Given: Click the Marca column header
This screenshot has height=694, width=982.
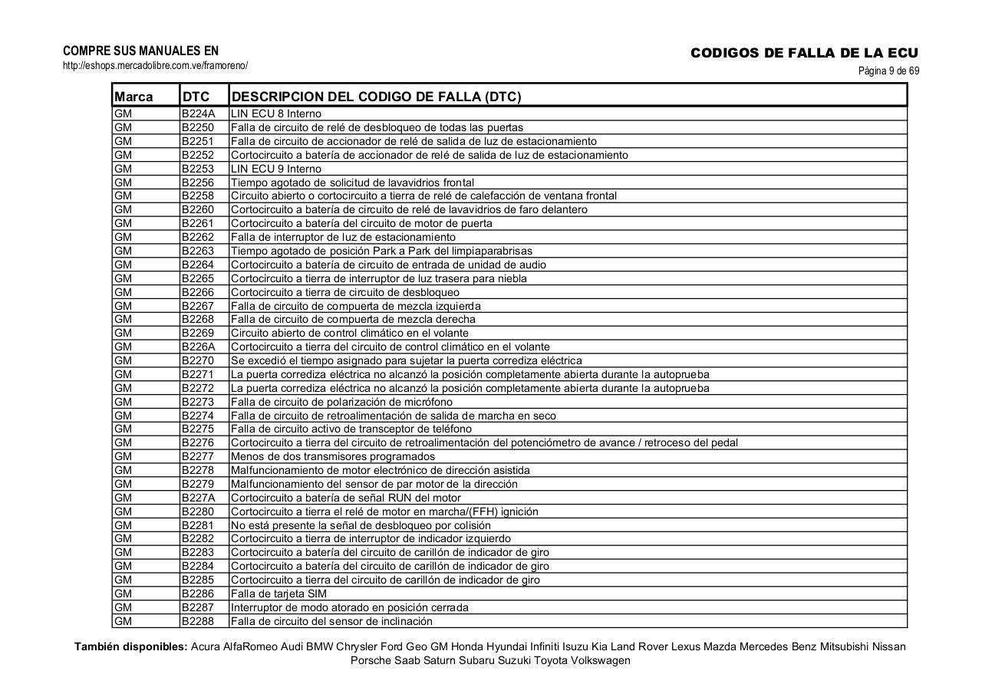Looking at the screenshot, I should tap(133, 97).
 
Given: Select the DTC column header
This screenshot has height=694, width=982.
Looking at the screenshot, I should tap(196, 97).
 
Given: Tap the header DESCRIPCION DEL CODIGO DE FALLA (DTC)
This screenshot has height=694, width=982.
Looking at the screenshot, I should tap(376, 97).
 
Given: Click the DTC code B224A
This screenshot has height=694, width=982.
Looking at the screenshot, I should tap(199, 113).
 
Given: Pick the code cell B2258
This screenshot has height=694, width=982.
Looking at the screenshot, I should tap(198, 196).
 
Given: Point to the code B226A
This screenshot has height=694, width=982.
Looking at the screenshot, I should tap(199, 347).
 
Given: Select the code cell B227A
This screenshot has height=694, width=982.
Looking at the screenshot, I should tap(199, 498).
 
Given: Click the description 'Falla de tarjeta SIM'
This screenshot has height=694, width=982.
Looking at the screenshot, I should tap(279, 594).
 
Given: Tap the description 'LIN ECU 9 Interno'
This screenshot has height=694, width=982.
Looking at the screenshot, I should tap(276, 169).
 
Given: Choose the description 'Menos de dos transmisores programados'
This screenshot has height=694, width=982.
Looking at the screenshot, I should tap(333, 456).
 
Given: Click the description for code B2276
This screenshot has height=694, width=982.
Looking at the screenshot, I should tap(484, 442).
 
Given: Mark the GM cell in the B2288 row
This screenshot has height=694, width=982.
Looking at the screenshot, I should tap(123, 621).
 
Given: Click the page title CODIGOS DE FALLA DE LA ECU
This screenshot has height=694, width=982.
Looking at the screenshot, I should tap(804, 53).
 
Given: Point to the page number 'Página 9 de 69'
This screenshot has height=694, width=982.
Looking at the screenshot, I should tap(888, 71).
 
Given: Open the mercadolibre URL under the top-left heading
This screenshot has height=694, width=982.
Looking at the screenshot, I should tap(155, 66).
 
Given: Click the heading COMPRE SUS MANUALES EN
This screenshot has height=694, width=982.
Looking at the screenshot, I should tap(140, 51).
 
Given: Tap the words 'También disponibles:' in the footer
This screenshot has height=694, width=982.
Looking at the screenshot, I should tap(130, 646).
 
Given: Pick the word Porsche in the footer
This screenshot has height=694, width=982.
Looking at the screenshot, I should tap(371, 660).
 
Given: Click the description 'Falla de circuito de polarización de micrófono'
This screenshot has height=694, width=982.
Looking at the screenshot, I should tap(341, 402).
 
